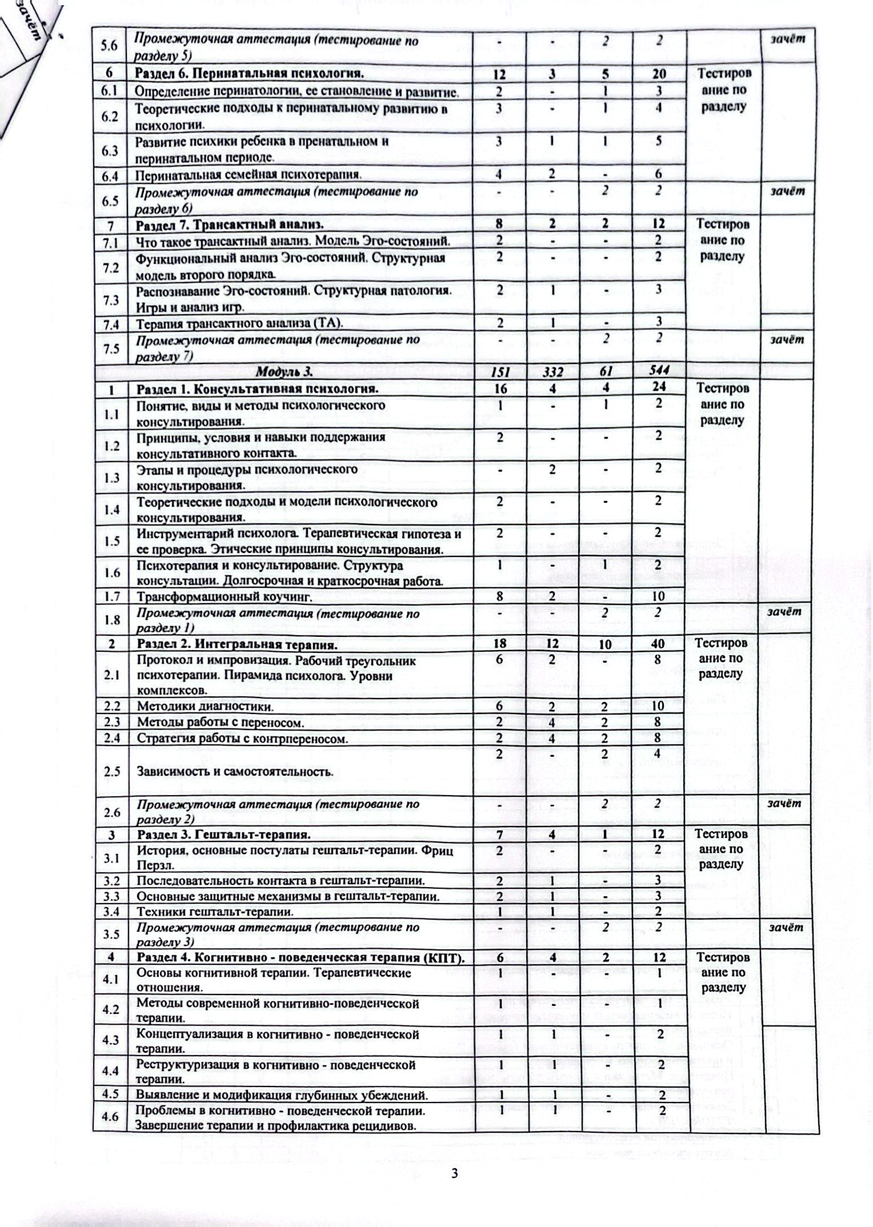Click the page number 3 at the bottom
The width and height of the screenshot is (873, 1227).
tap(455, 1174)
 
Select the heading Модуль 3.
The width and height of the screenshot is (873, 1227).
tap(284, 372)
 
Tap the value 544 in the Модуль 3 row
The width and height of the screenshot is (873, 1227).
tap(659, 372)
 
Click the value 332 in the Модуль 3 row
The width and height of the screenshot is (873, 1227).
tap(553, 372)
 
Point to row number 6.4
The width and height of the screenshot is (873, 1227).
tap(110, 176)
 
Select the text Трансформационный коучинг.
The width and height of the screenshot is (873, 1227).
tap(224, 597)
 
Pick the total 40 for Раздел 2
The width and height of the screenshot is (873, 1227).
tap(659, 645)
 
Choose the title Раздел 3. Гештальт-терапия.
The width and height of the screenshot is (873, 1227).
tap(223, 835)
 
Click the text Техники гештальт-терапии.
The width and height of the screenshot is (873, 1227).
tap(215, 911)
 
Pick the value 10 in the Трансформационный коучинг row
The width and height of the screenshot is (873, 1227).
tap(659, 596)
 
